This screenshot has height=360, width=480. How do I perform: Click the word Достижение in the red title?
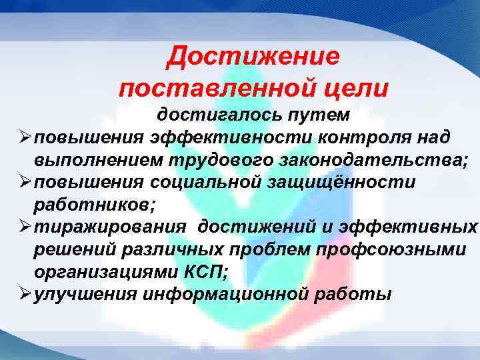pyautogui.click(x=253, y=57)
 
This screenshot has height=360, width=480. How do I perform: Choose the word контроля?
pyautogui.click(x=355, y=137)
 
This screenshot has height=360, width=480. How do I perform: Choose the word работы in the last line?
pyautogui.click(x=354, y=294)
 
